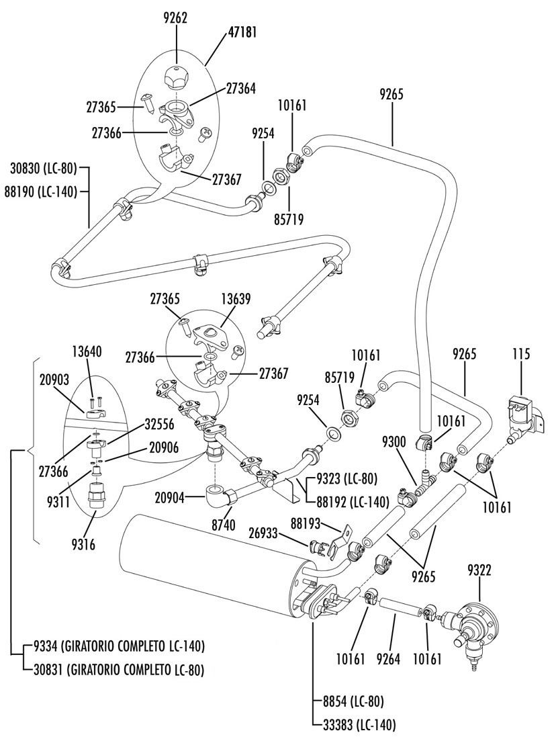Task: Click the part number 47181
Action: [x=242, y=32]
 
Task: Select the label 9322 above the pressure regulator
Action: [x=479, y=571]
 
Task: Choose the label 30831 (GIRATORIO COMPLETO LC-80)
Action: [x=119, y=670]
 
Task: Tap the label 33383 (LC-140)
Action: [x=360, y=724]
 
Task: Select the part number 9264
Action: [x=389, y=658]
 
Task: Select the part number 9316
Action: [x=83, y=545]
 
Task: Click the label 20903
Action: [x=54, y=380]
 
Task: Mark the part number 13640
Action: [x=87, y=351]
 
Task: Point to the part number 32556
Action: [x=160, y=425]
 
